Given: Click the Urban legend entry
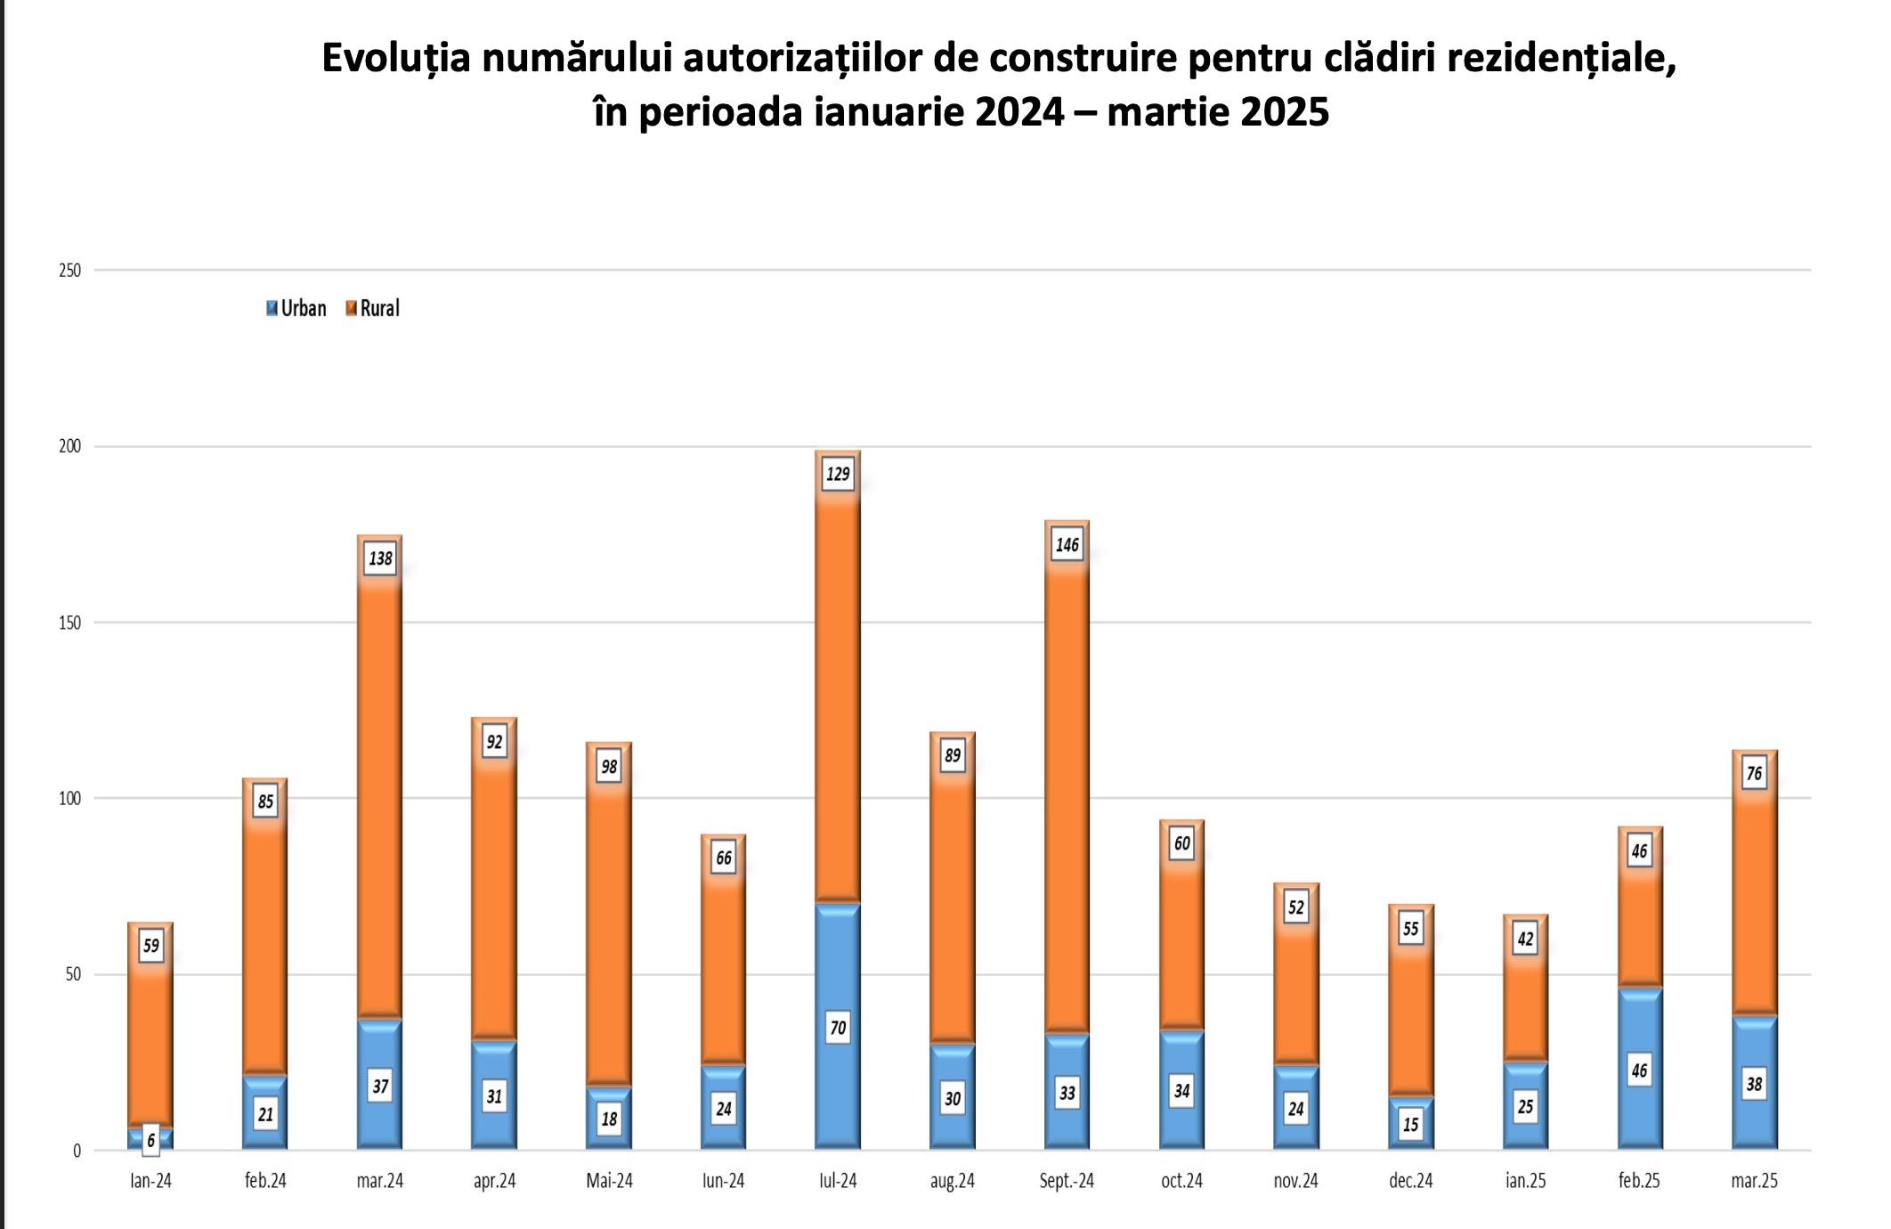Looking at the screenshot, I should (x=296, y=308).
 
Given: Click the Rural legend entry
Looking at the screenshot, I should (x=373, y=308).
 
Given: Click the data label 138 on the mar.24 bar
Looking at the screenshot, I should (x=380, y=558).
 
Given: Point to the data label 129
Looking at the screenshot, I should (x=838, y=474).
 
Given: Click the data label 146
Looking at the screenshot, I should (x=1067, y=545).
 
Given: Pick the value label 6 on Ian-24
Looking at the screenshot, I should (x=150, y=1140).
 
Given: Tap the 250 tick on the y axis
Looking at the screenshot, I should (x=69, y=271).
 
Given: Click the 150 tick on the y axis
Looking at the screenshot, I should (x=69, y=623).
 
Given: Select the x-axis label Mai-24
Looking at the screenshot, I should (x=609, y=1181).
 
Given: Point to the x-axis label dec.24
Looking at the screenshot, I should (x=1410, y=1181).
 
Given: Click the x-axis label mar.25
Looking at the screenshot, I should (x=1754, y=1181).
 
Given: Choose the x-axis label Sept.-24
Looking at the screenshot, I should (x=1067, y=1181).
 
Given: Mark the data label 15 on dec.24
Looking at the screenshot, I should (x=1410, y=1124).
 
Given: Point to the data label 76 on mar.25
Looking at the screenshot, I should (x=1754, y=773).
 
